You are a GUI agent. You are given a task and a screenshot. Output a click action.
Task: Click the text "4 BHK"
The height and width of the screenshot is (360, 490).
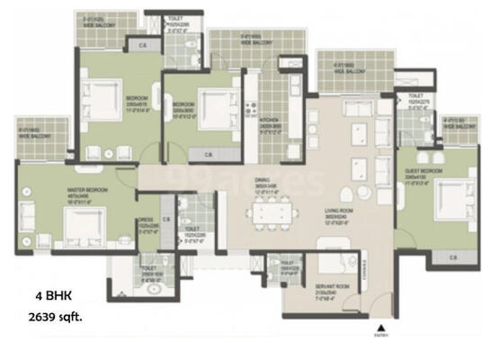click(52, 295)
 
